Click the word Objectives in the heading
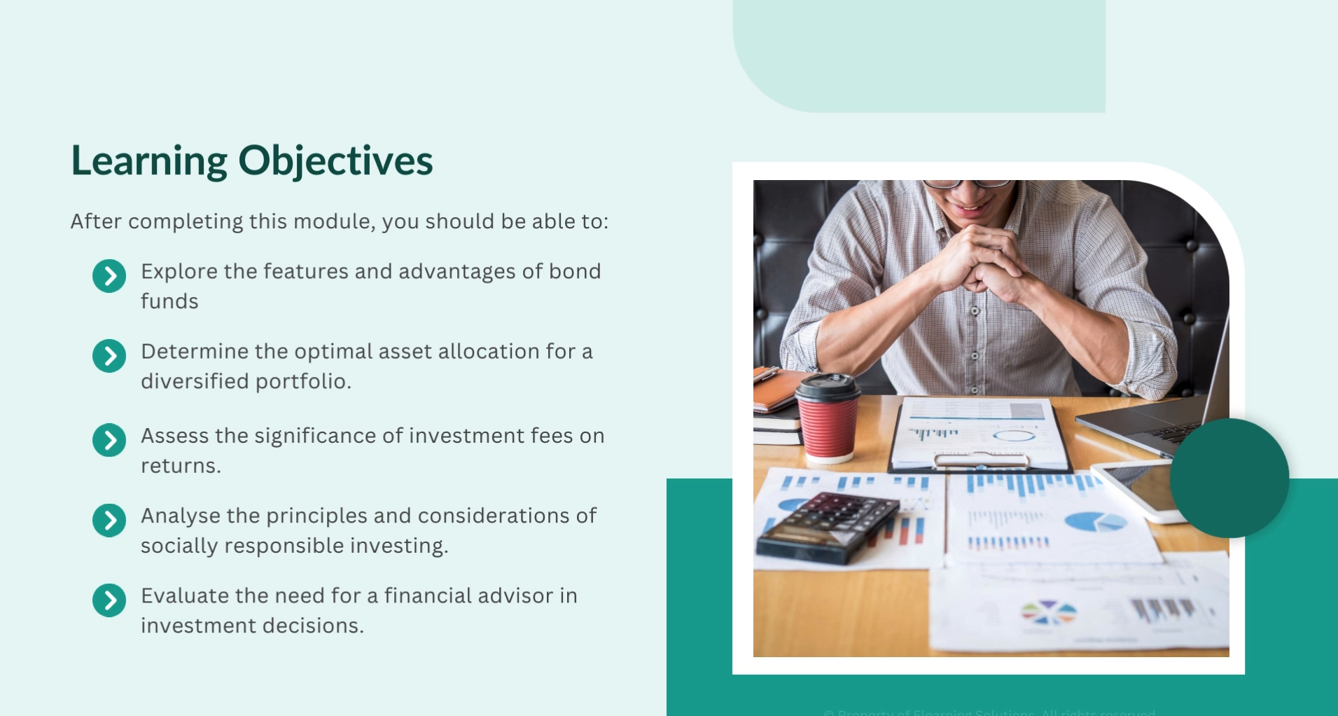(335, 161)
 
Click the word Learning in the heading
(149, 161)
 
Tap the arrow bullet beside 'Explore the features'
(109, 276)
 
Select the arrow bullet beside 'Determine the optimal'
(109, 356)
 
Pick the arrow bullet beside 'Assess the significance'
(109, 440)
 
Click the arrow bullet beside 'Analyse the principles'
(109, 521)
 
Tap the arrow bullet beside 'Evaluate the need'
(109, 600)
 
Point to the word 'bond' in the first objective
(574, 271)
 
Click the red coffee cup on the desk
(828, 427)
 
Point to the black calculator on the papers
(828, 526)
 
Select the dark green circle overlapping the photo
(1229, 478)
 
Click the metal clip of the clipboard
(981, 460)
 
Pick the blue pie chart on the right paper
(1094, 521)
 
